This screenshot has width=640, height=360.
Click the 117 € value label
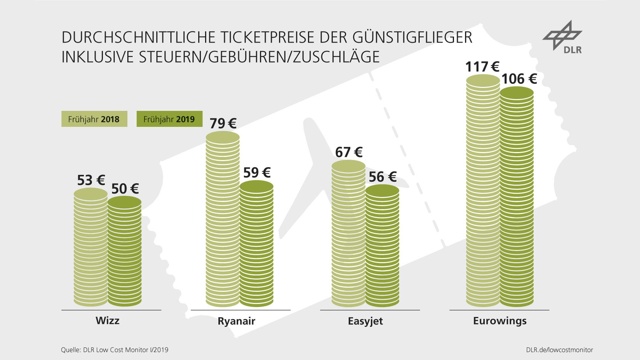pos(482,67)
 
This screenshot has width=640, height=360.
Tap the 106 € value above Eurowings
pos(519,79)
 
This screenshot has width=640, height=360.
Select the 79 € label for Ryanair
pos(223,123)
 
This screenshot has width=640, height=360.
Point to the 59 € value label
pos(257,173)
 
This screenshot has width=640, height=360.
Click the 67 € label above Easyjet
pos(349,152)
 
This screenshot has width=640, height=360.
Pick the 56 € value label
pos(382,177)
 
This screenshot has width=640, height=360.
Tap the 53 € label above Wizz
pos(91,180)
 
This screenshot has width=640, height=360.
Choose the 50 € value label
pos(125,189)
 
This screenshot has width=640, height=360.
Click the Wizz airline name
pos(107,320)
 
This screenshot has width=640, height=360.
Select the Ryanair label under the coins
pos(237,321)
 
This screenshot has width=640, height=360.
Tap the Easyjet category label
pos(365,321)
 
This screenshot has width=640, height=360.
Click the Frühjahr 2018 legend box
pos(94,119)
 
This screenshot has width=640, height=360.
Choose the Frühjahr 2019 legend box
pos(169,119)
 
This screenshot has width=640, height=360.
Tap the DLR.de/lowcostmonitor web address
pos(559,349)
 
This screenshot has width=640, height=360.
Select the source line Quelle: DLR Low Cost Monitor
pos(114,349)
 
